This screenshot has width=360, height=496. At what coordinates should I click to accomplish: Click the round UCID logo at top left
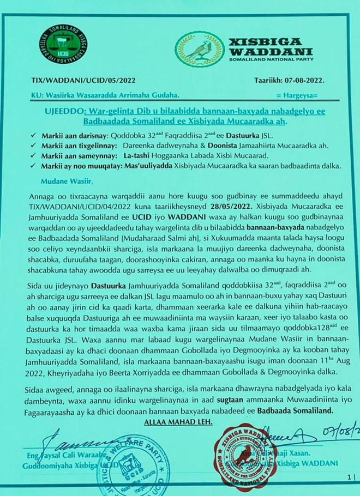pyautogui.click(x=64, y=43)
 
